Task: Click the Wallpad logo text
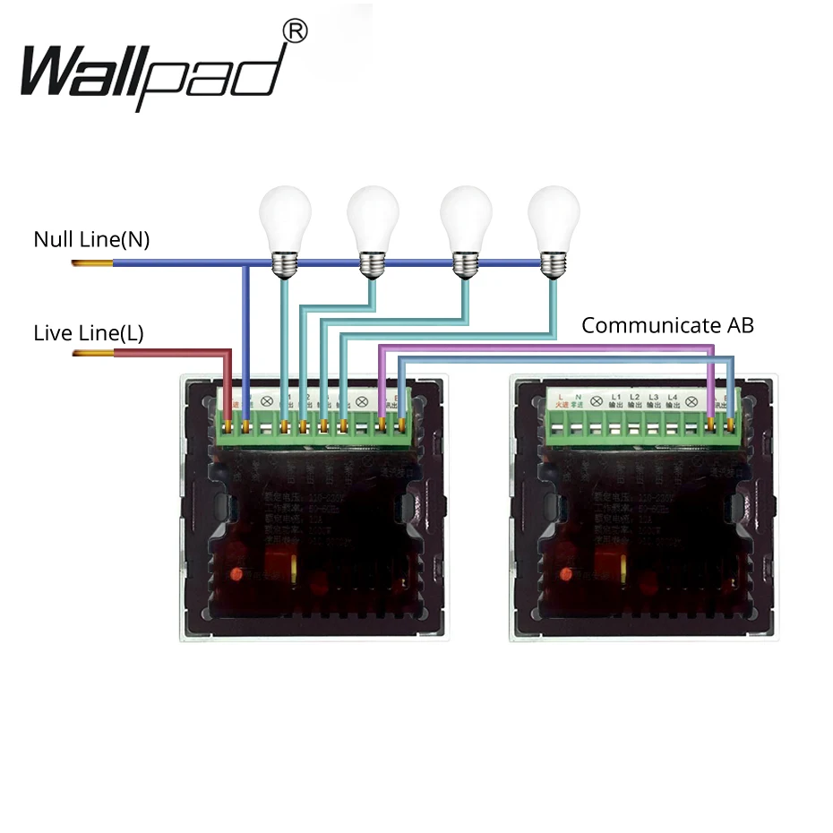tap(152, 72)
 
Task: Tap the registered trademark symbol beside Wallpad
tap(295, 32)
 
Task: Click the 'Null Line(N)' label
tap(91, 240)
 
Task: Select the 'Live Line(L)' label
tap(88, 333)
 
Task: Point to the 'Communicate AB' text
tap(667, 325)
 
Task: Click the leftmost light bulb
tap(284, 219)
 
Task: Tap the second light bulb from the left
tap(372, 219)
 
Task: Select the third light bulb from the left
tap(464, 219)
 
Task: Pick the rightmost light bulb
tap(553, 219)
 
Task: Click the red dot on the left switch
tap(236, 574)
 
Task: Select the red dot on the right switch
tap(568, 574)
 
